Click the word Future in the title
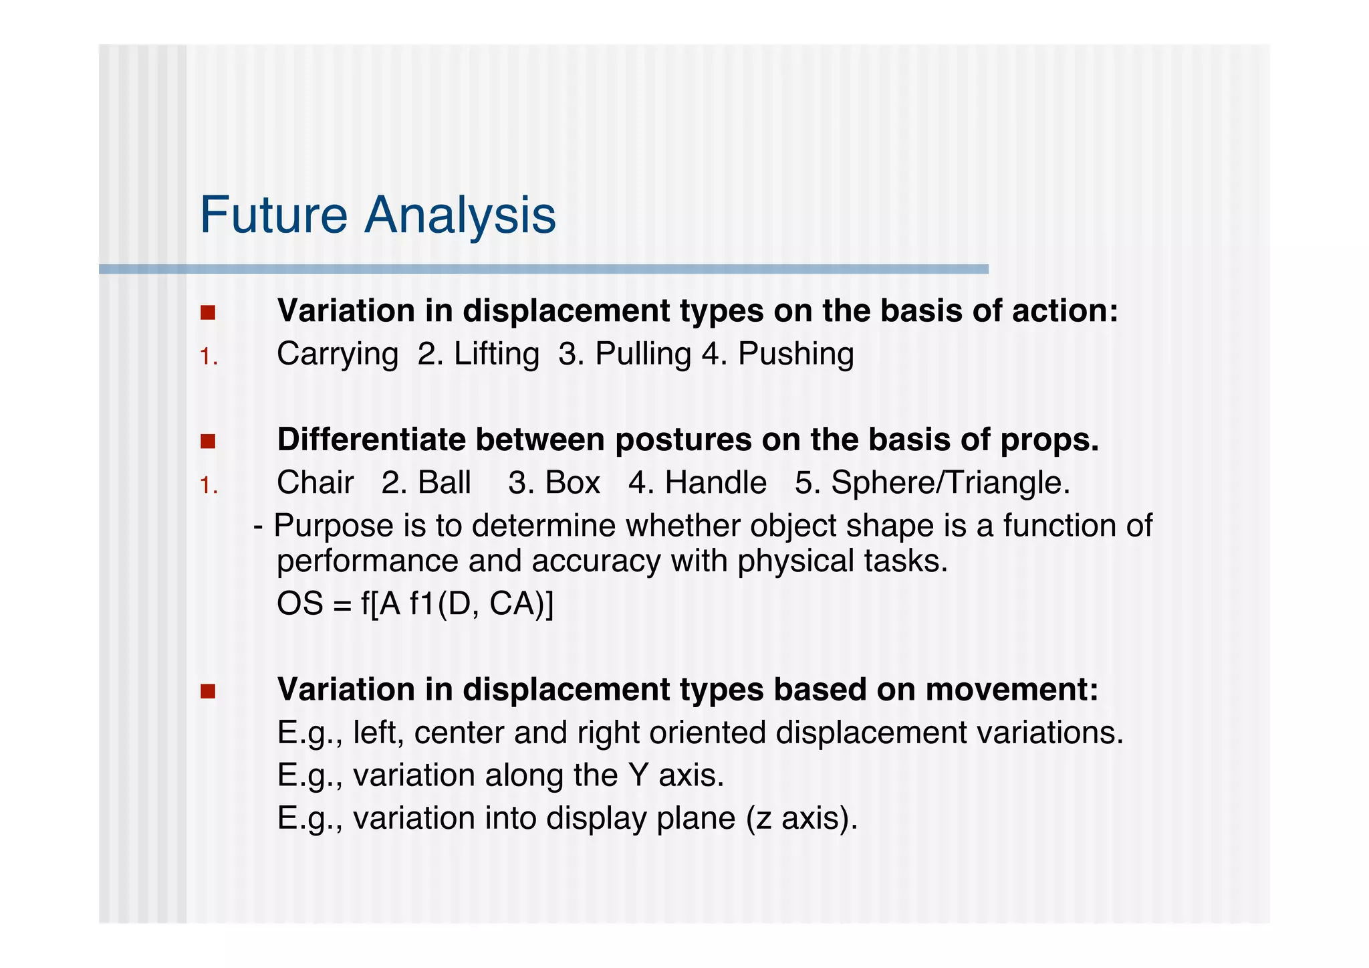(x=273, y=215)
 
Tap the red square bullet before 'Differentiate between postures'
(x=208, y=442)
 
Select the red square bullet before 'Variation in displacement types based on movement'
(x=208, y=691)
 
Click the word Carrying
(x=337, y=355)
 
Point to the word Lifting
(x=496, y=354)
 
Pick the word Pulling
(x=642, y=355)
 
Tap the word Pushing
(x=795, y=355)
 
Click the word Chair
(x=315, y=483)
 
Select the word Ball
(x=444, y=483)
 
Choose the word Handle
(x=715, y=483)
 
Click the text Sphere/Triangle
(x=949, y=483)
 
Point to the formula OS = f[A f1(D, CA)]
(x=414, y=604)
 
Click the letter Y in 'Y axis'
(x=638, y=775)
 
